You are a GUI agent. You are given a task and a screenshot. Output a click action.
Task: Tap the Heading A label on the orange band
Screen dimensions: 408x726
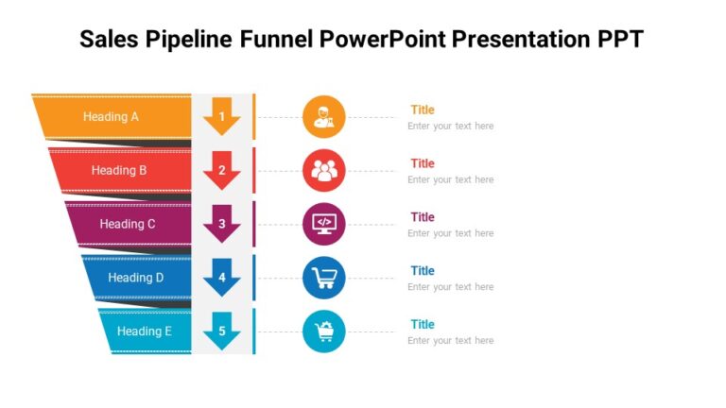click(111, 117)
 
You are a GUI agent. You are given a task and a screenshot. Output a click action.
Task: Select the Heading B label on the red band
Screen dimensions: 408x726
click(119, 171)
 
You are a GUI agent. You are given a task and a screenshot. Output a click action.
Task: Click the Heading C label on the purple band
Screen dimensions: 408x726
click(128, 224)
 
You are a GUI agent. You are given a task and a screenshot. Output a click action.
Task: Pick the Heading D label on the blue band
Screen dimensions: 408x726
click(136, 278)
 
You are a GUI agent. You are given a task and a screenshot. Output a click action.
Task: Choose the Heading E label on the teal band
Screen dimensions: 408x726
click(145, 331)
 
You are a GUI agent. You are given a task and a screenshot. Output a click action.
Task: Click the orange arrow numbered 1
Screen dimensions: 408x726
click(222, 117)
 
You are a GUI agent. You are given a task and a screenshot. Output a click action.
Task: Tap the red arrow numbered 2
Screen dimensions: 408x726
click(222, 171)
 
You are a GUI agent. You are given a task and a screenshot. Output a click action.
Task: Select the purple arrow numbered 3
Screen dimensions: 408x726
click(222, 224)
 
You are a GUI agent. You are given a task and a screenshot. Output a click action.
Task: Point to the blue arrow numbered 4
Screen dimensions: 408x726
click(222, 278)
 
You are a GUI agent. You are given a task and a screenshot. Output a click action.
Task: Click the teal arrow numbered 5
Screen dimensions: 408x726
click(222, 331)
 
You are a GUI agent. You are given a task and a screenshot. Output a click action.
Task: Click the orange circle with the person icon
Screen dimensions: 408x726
click(324, 117)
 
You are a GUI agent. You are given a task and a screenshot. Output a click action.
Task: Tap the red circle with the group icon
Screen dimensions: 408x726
click(324, 171)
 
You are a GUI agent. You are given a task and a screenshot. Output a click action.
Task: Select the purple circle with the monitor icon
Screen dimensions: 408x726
click(324, 224)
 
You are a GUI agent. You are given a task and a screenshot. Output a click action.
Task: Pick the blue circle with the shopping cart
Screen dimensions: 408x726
click(324, 278)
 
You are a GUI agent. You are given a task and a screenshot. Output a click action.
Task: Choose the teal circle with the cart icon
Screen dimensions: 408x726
click(324, 331)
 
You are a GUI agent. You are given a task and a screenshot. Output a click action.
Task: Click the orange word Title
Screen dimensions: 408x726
click(423, 110)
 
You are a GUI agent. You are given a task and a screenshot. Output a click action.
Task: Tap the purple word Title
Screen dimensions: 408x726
click(423, 217)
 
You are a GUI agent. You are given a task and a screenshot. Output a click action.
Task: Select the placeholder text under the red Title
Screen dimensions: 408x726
click(450, 179)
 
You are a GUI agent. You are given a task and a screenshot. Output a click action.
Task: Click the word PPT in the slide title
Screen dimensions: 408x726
click(618, 39)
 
